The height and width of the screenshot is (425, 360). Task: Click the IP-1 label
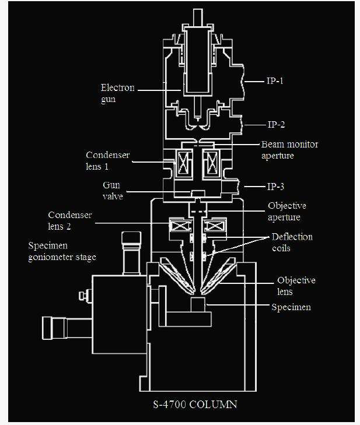click(x=276, y=82)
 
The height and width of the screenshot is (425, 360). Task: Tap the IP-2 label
click(x=276, y=125)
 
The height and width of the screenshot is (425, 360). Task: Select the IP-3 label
click(x=276, y=187)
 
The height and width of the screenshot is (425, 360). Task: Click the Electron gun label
click(x=117, y=94)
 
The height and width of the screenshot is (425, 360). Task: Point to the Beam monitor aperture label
click(x=289, y=150)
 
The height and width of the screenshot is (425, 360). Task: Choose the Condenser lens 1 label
click(x=108, y=160)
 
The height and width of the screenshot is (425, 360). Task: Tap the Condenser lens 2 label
click(x=70, y=220)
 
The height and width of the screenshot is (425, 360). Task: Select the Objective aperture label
click(x=286, y=211)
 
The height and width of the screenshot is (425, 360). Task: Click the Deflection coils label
click(x=292, y=242)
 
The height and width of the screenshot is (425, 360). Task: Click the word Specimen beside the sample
click(x=291, y=307)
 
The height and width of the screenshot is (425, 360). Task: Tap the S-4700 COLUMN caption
click(x=195, y=403)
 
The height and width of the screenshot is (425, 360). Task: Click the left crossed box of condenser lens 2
click(x=177, y=224)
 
